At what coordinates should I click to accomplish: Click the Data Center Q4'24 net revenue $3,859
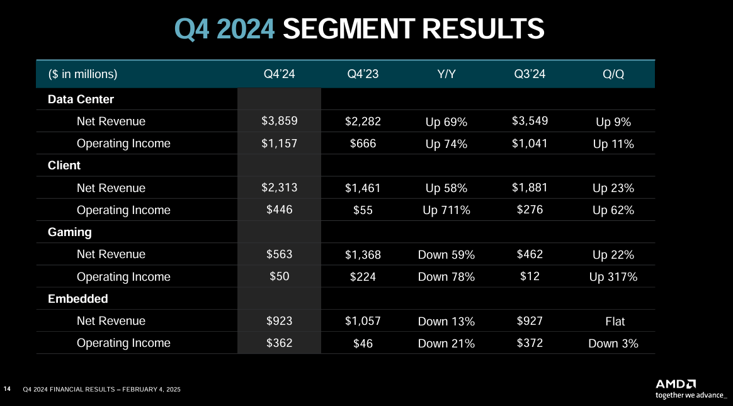pos(279,121)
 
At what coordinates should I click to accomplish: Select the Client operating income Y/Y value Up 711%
pos(446,210)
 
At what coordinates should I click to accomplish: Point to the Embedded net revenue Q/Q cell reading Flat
pos(615,321)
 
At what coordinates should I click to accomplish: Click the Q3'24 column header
pos(530,74)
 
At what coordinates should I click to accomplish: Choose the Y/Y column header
pos(446,74)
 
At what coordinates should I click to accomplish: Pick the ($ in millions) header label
pos(83,74)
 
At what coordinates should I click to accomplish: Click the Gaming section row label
pos(70,232)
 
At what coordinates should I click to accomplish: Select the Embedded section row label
pos(78,299)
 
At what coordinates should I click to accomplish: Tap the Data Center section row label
pos(81,99)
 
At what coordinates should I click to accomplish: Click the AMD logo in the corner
pos(676,384)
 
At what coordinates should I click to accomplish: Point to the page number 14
pos(8,390)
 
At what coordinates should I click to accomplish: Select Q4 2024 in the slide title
pos(225,29)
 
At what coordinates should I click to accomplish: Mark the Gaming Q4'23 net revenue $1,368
pos(363,255)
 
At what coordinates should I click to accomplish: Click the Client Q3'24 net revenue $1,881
pos(530,188)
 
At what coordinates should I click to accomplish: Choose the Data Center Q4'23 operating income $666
pos(363,144)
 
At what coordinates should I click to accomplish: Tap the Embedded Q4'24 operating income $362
pos(279,343)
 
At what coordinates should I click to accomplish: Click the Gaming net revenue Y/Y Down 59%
pos(446,255)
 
